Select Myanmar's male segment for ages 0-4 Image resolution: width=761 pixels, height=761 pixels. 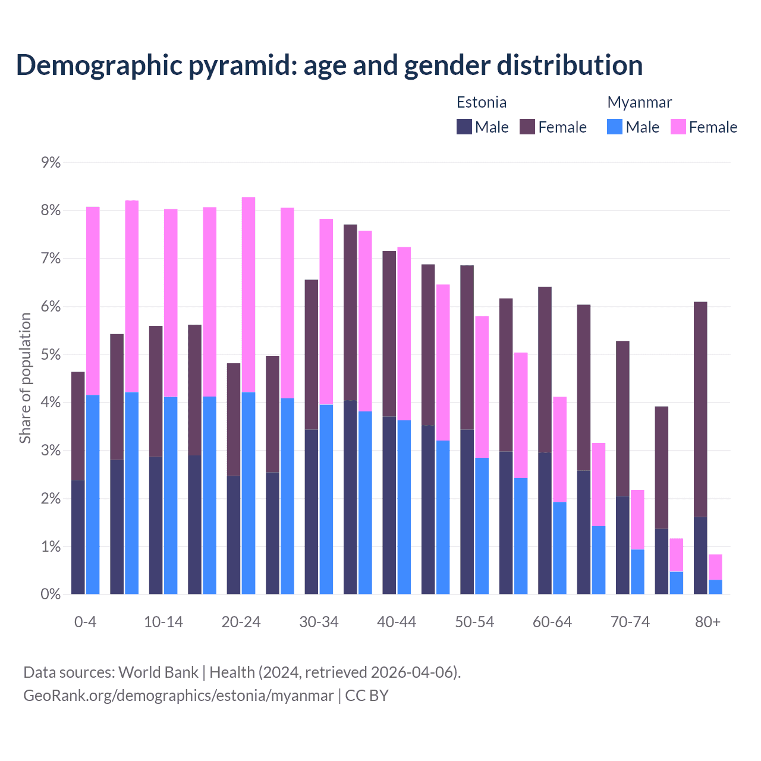(x=93, y=495)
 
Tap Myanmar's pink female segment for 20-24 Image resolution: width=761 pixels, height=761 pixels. (x=249, y=294)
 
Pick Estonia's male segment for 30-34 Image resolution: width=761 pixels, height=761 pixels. (x=312, y=511)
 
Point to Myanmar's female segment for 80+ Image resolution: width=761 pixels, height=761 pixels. (x=715, y=567)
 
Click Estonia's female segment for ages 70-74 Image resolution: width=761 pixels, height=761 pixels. (x=622, y=419)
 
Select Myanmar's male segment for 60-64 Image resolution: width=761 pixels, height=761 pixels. (x=559, y=548)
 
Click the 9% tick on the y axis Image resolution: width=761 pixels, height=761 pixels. (x=51, y=162)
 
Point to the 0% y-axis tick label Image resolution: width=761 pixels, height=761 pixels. (x=51, y=594)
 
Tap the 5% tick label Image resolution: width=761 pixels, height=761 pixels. (x=51, y=354)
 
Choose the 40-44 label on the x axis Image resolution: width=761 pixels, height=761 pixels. (x=397, y=622)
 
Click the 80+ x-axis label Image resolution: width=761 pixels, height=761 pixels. (x=707, y=622)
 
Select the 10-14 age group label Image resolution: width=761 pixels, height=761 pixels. (x=163, y=622)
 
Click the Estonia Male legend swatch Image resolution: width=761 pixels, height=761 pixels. (x=464, y=127)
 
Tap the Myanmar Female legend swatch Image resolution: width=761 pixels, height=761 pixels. (x=678, y=127)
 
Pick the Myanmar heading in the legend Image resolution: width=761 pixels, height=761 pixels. (x=639, y=102)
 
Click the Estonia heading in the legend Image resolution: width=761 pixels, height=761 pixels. (x=482, y=102)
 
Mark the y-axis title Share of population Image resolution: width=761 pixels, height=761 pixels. (x=25, y=378)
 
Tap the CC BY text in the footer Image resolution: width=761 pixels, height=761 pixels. (x=366, y=696)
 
